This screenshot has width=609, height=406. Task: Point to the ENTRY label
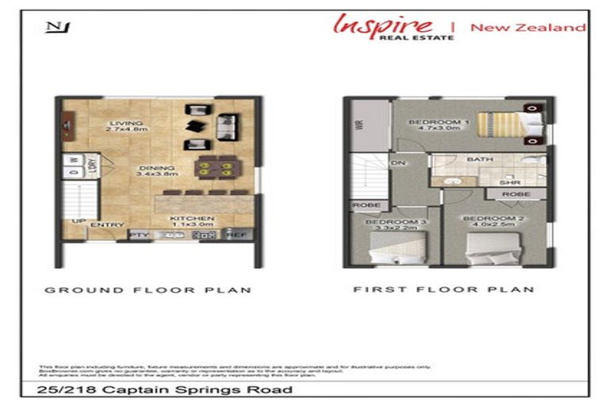click(x=107, y=225)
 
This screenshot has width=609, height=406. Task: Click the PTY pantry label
click(x=140, y=235)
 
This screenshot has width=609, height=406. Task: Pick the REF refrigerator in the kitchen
click(x=236, y=235)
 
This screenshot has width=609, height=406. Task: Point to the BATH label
click(x=480, y=159)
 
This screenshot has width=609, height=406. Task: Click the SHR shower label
click(x=509, y=182)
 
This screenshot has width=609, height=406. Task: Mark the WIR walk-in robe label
click(x=359, y=126)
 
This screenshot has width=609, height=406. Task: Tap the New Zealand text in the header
click(x=527, y=27)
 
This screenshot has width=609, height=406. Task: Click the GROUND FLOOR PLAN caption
click(x=147, y=290)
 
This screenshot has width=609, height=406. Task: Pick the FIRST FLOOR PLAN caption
click(x=443, y=289)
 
